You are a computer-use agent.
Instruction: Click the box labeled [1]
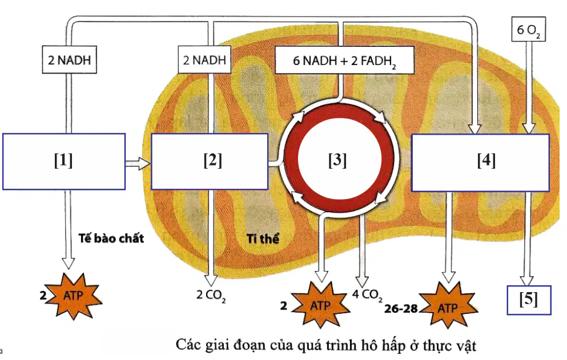click(64, 161)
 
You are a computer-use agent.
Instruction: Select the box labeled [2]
click(210, 161)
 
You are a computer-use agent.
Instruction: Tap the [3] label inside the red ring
click(337, 160)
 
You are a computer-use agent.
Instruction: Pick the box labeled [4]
click(481, 162)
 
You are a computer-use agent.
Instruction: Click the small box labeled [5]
click(529, 300)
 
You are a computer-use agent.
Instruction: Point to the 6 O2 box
click(528, 29)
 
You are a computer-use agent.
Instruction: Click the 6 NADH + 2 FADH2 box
click(344, 60)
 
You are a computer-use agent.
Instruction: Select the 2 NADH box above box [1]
click(70, 60)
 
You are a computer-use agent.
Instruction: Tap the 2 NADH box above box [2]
click(204, 60)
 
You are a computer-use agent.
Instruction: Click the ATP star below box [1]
click(74, 296)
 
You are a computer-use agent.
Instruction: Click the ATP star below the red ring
click(320, 305)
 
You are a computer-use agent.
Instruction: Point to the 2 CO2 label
click(211, 296)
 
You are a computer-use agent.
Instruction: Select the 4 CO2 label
click(367, 296)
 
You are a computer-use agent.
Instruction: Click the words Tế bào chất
click(111, 238)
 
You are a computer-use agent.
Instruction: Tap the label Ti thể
click(263, 238)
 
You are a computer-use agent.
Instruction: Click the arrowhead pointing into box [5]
click(527, 281)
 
